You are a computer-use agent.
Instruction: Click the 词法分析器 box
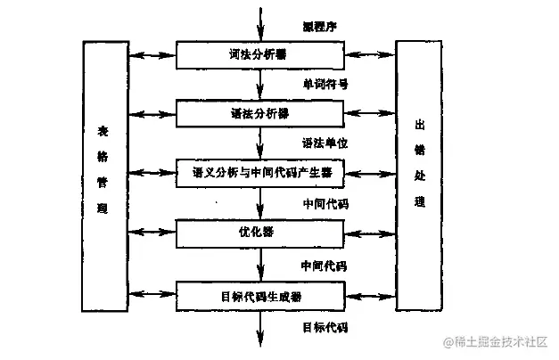click(x=259, y=55)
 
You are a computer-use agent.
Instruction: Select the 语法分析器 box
click(x=259, y=115)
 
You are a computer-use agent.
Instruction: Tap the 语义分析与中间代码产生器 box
click(x=259, y=173)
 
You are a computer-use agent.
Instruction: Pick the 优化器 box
click(x=259, y=233)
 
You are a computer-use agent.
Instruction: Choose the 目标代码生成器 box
click(x=259, y=293)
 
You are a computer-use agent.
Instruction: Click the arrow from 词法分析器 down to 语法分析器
click(x=260, y=85)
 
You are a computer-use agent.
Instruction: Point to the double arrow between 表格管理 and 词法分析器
click(x=151, y=56)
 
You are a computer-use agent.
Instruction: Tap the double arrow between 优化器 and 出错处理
click(x=369, y=233)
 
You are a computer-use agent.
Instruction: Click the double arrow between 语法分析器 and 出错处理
click(x=369, y=115)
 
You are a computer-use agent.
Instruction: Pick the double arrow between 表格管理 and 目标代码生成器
click(x=151, y=294)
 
